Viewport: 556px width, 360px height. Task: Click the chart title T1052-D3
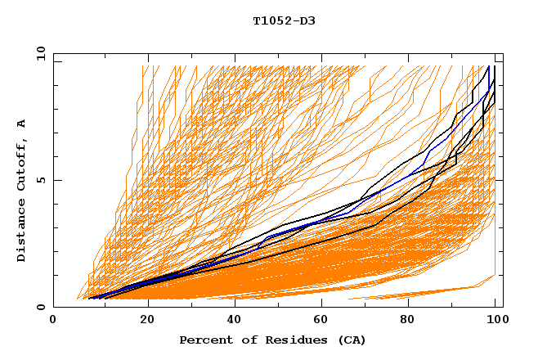[x=284, y=21]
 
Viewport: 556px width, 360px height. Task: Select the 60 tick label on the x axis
[x=322, y=320]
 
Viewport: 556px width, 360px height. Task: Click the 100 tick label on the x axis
[x=495, y=320]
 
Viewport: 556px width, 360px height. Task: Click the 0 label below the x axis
[x=53, y=320]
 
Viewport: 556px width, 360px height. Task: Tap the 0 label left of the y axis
[x=41, y=308]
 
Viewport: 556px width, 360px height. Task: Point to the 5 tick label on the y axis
[x=41, y=181]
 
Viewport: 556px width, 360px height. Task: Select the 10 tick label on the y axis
[x=38, y=55]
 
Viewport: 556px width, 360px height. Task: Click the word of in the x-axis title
[x=242, y=340]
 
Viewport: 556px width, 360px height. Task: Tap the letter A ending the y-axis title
[x=22, y=124]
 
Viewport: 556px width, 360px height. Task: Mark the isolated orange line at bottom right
[x=425, y=292]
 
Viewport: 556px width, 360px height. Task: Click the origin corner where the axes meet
[x=53, y=308]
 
